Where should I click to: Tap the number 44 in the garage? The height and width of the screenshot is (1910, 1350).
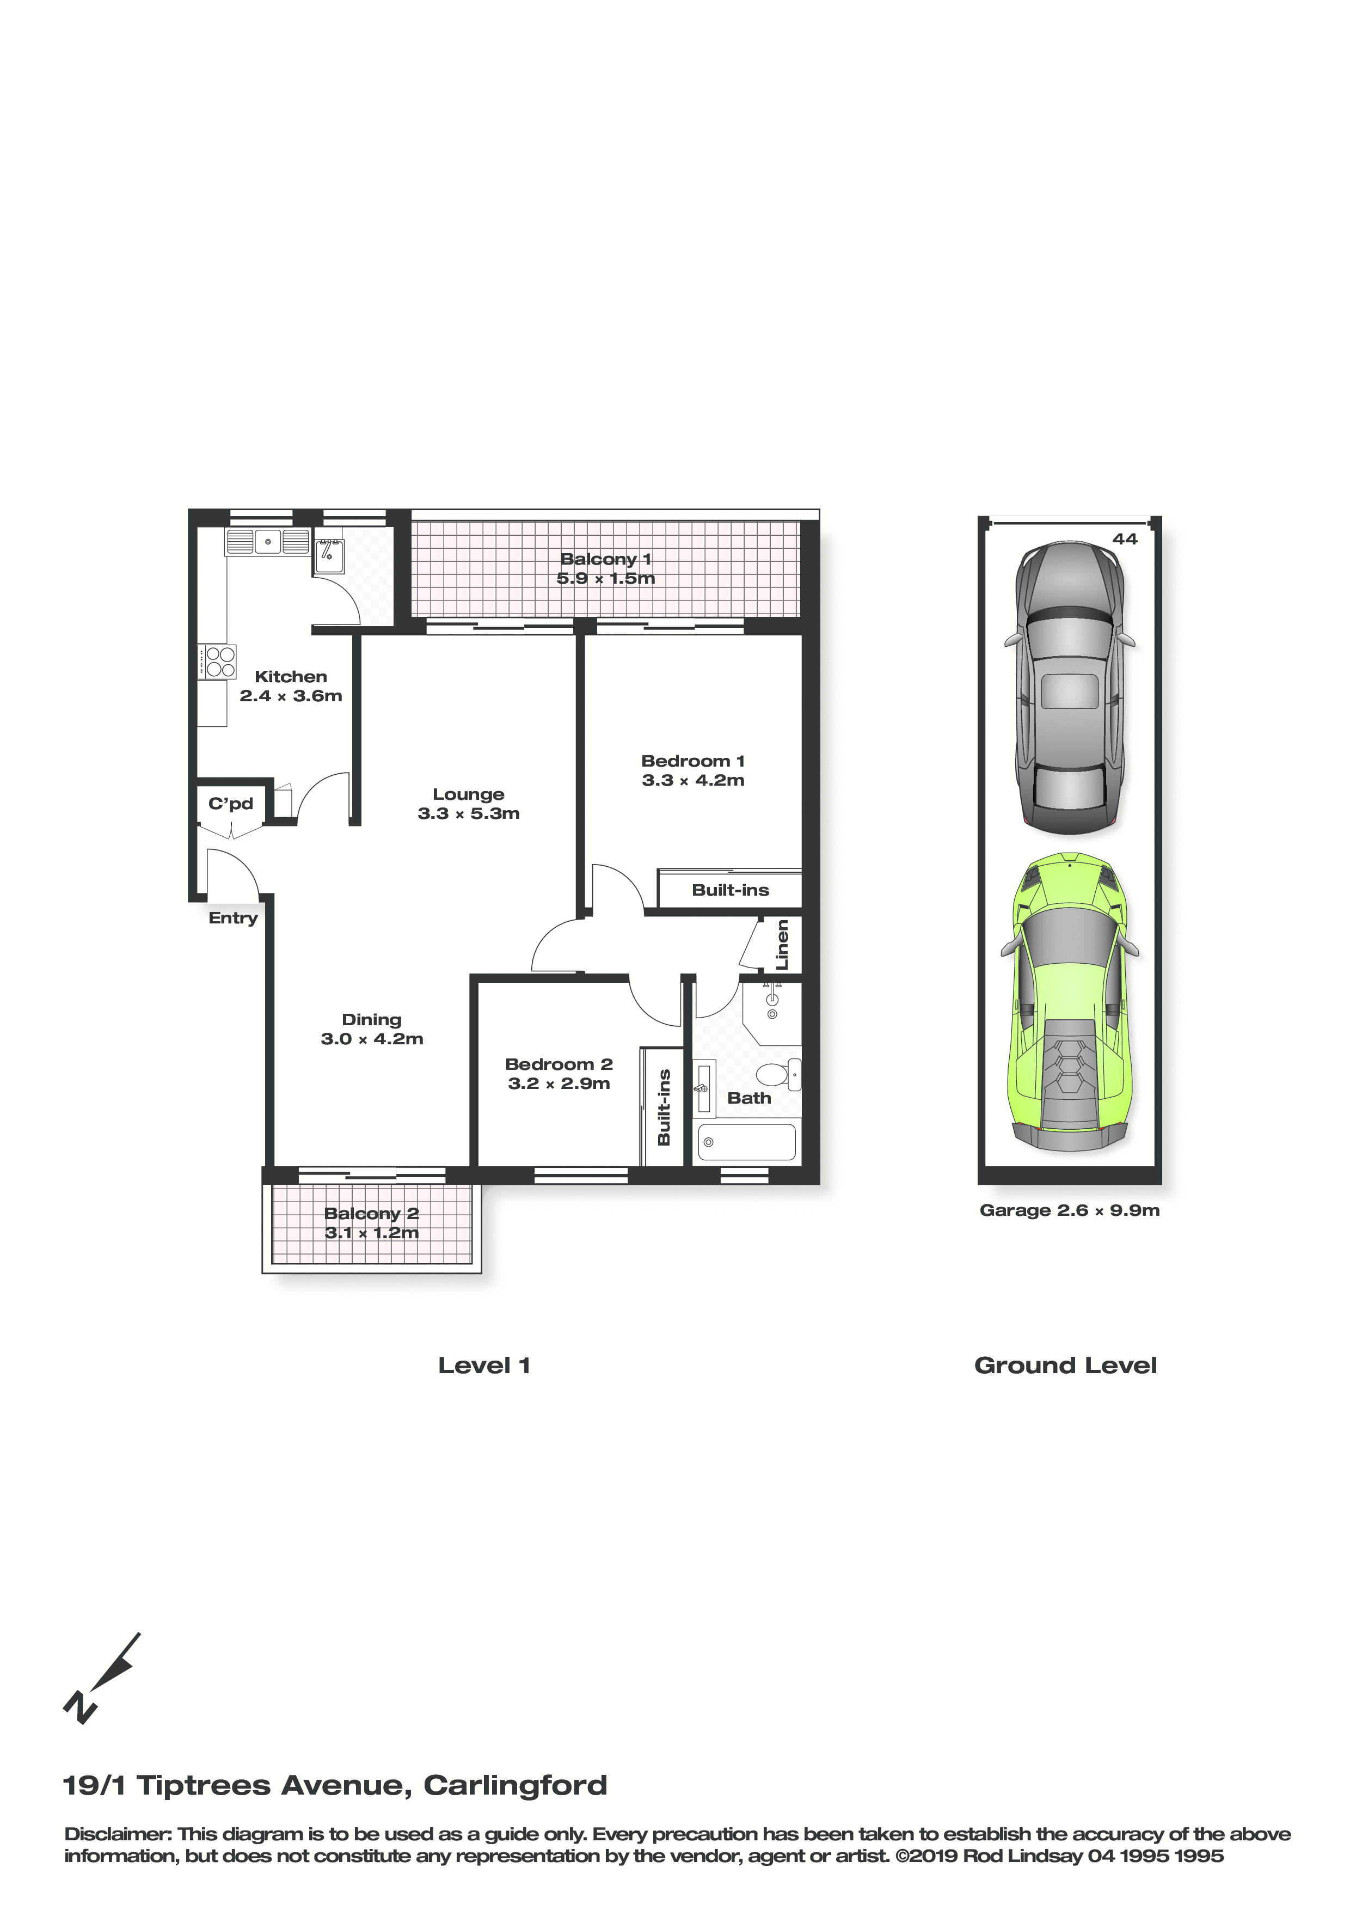1125,539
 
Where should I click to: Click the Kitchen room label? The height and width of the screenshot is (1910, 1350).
291,676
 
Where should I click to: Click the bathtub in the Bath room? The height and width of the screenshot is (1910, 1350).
746,1141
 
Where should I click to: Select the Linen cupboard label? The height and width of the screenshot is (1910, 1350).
782,945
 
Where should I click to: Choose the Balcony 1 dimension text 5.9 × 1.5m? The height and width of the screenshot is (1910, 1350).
605,578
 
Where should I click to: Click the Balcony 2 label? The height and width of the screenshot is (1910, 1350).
371,1214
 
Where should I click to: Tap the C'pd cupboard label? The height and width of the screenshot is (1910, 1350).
230,804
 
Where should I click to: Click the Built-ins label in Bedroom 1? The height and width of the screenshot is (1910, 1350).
731,890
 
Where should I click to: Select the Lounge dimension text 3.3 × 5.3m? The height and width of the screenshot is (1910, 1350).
468,813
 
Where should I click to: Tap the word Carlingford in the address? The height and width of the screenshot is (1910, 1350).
516,1785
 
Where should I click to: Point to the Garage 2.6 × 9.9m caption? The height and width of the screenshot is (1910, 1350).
1070,1210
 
